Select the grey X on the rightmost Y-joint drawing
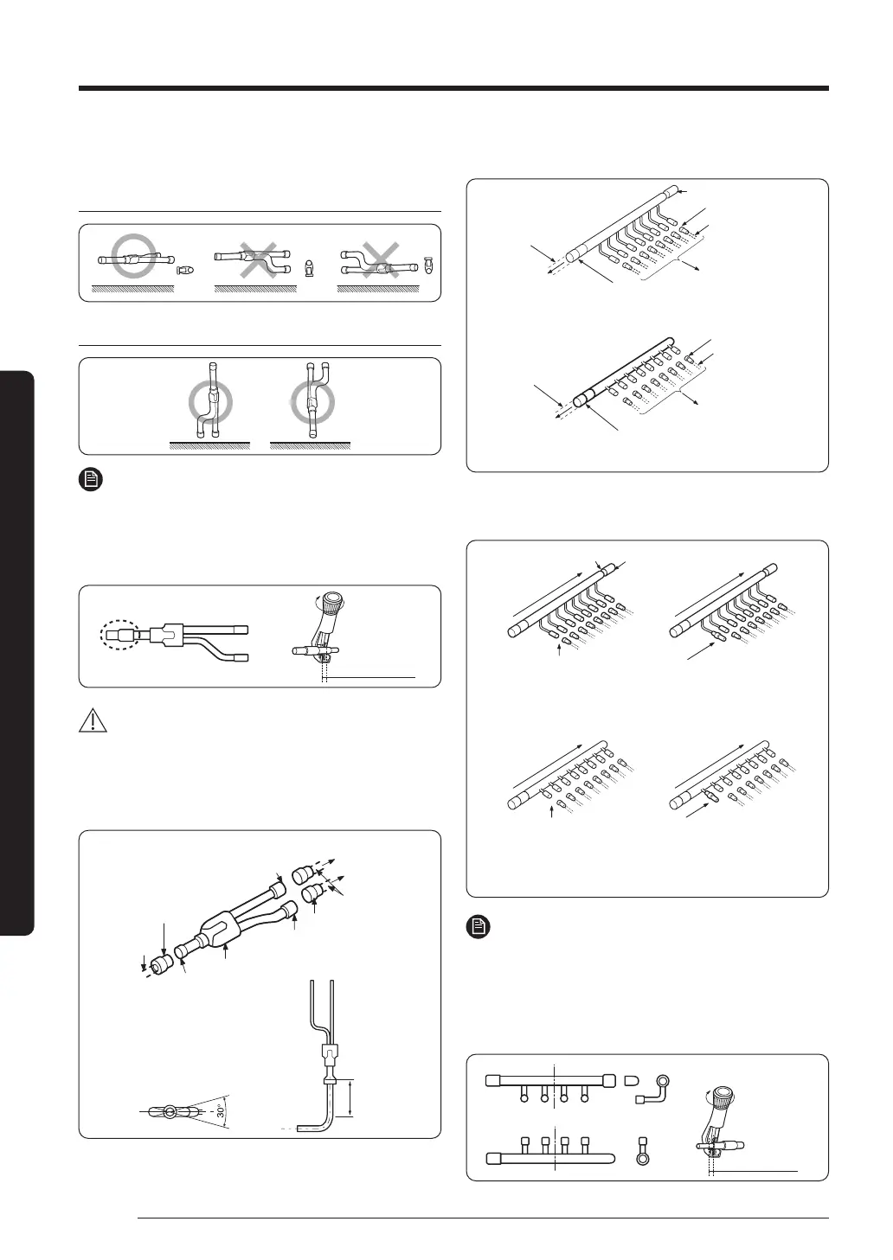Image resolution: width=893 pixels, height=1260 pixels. click(377, 258)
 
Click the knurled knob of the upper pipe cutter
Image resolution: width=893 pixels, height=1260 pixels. click(331, 604)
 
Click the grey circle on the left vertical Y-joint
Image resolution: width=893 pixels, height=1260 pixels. click(209, 403)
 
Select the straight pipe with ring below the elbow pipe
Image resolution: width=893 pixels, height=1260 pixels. click(642, 1148)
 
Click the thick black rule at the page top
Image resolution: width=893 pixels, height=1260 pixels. click(453, 88)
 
